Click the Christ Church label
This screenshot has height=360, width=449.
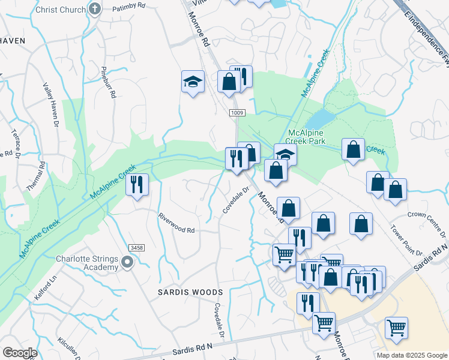[x=60, y=10]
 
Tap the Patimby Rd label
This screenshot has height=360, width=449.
[x=129, y=5]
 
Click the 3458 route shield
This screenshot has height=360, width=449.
[x=137, y=247]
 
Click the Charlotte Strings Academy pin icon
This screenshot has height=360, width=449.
[x=127, y=262]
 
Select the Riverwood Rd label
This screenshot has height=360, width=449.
[x=176, y=223]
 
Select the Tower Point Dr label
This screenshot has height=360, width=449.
[x=399, y=239]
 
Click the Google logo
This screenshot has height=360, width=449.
[x=19, y=353]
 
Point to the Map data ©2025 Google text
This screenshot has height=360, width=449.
[x=411, y=355]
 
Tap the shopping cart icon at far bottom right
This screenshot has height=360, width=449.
[x=396, y=328]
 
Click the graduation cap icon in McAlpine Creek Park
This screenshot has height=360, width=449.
[x=286, y=154]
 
